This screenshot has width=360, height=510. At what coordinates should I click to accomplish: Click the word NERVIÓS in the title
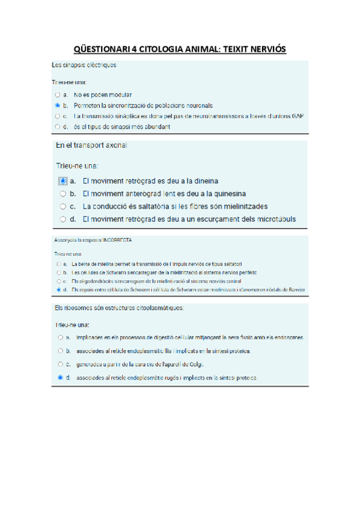[266, 49]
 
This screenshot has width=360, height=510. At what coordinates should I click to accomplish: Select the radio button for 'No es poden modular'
[57, 95]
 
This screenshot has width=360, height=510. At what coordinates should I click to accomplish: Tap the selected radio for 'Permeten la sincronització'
[57, 105]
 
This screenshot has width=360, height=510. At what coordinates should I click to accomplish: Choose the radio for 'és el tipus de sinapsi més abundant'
[57, 127]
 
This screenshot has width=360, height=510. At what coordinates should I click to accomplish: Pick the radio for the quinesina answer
[63, 194]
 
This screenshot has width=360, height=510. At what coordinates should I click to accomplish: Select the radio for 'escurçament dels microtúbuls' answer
[63, 219]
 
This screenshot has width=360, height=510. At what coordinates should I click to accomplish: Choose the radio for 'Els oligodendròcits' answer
[58, 281]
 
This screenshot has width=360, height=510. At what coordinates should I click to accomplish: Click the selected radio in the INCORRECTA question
[58, 289]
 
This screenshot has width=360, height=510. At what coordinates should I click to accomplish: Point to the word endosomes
[291, 337]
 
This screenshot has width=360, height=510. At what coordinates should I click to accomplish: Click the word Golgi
[196, 364]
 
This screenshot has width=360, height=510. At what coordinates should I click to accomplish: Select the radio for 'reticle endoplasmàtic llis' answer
[61, 351]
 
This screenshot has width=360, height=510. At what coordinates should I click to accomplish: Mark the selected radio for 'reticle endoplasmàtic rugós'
[61, 378]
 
